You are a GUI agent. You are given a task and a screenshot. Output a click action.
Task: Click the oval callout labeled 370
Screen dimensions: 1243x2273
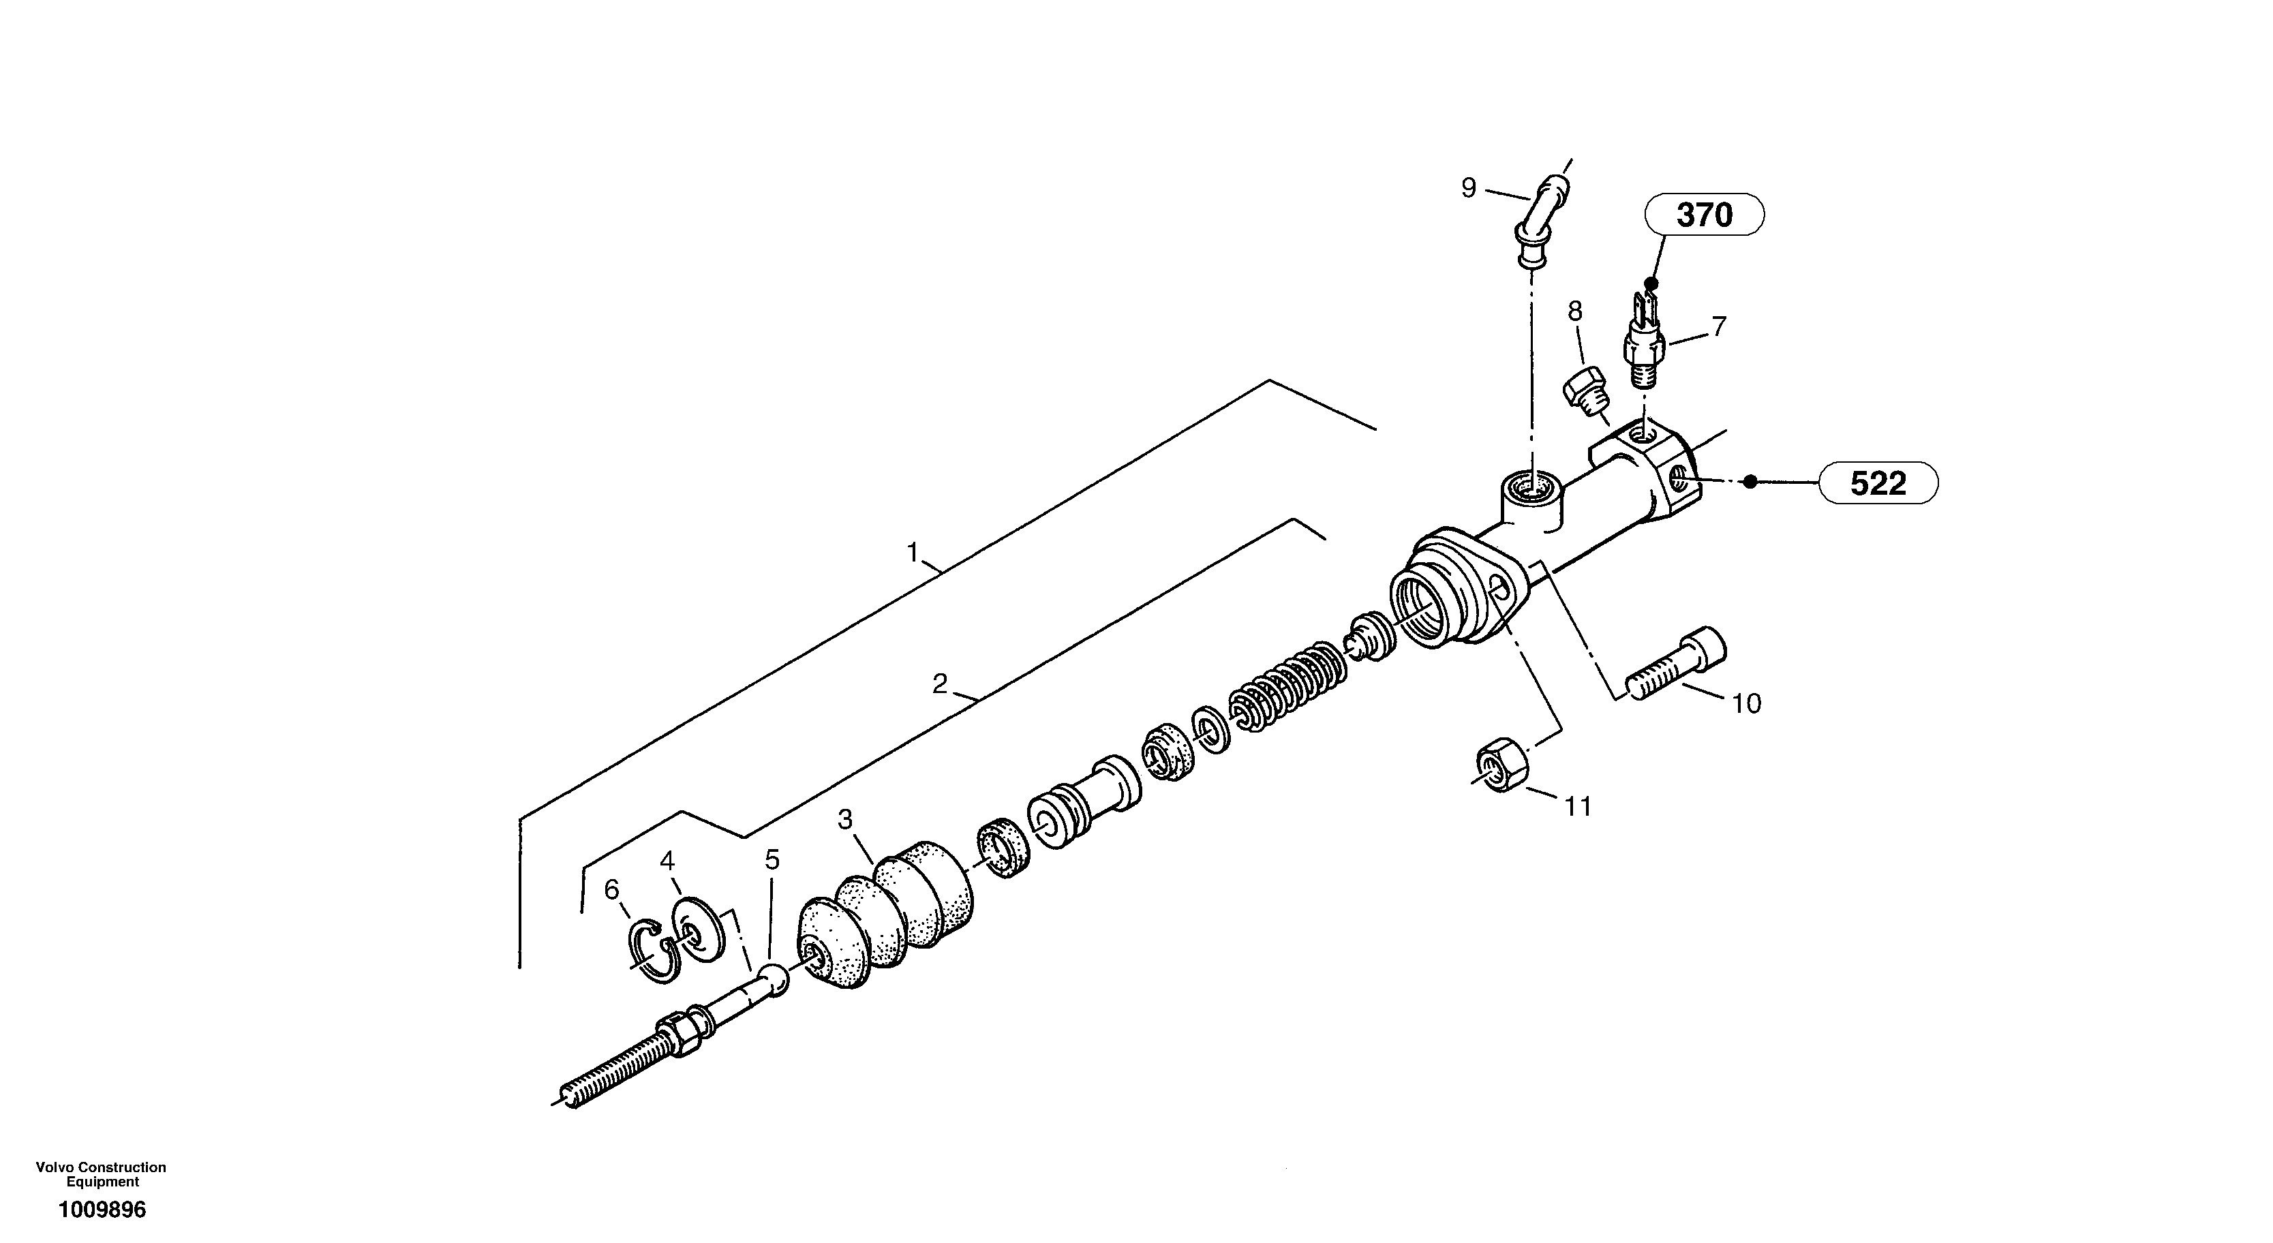pyautogui.click(x=1704, y=215)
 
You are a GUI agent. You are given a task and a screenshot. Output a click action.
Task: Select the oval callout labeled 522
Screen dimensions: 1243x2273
pyautogui.click(x=1878, y=483)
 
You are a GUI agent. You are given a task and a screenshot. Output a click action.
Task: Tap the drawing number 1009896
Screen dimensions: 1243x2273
pyautogui.click(x=102, y=1210)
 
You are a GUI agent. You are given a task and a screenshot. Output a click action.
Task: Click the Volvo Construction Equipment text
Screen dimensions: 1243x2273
pyautogui.click(x=101, y=1174)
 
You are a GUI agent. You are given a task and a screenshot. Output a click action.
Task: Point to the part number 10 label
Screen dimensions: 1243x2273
pyautogui.click(x=1746, y=703)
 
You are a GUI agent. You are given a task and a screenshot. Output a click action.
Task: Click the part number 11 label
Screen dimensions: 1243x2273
pyautogui.click(x=1578, y=805)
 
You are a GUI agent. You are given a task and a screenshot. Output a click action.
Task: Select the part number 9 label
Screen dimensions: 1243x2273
pyautogui.click(x=1468, y=188)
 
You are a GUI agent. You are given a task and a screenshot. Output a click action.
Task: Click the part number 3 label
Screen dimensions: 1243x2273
pyautogui.click(x=844, y=820)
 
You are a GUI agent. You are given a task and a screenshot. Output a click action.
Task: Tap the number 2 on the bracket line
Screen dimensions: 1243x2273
pyautogui.click(x=940, y=683)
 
